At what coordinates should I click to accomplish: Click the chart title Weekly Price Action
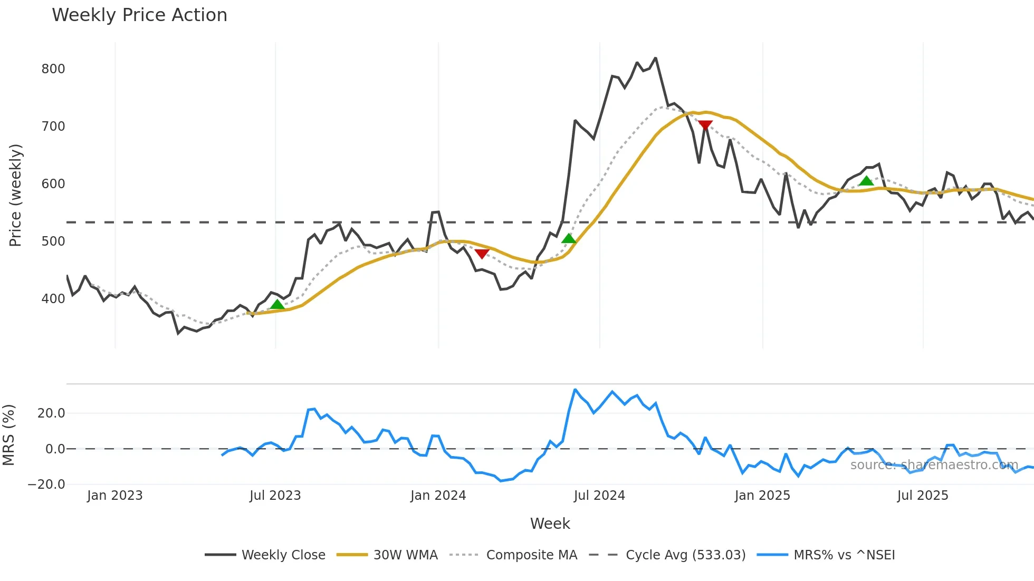click(x=139, y=15)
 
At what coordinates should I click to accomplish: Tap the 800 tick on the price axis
click(x=53, y=69)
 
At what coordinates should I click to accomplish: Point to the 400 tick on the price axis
click(x=53, y=299)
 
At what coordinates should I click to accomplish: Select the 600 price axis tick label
click(x=53, y=184)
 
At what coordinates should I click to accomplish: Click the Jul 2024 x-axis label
click(x=599, y=496)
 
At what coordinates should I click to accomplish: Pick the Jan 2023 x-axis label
click(x=115, y=496)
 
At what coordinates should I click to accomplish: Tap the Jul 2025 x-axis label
click(x=923, y=496)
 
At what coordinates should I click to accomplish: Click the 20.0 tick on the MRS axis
click(x=51, y=413)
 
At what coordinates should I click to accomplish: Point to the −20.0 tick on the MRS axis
click(x=46, y=485)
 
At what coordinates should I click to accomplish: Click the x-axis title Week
click(x=550, y=524)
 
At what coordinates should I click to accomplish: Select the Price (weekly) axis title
click(x=15, y=195)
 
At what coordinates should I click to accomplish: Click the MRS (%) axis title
click(x=8, y=435)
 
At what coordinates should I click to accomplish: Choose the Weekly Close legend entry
click(x=283, y=555)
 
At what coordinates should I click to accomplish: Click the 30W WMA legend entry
click(x=405, y=555)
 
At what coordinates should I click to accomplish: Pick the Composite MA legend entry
click(x=531, y=555)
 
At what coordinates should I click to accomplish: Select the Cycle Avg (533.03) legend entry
click(x=685, y=555)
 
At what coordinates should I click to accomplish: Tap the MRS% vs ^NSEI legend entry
click(x=844, y=555)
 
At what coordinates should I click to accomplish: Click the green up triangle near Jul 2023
click(x=277, y=305)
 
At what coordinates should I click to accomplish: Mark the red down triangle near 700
click(x=705, y=125)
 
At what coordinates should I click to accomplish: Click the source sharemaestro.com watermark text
click(x=934, y=465)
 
